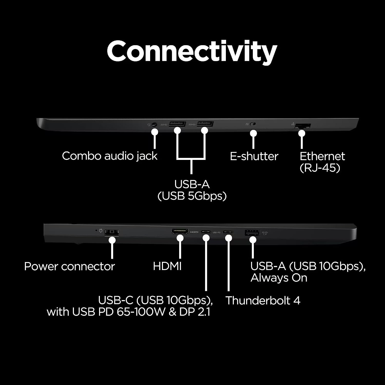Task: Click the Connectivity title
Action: pyautogui.click(x=192, y=51)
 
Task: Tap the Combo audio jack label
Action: pyautogui.click(x=110, y=156)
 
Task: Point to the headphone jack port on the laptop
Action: pyautogui.click(x=154, y=124)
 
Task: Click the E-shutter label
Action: pyautogui.click(x=254, y=156)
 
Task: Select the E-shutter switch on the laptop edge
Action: pyautogui.click(x=253, y=124)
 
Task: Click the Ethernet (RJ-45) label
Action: pyautogui.click(x=322, y=162)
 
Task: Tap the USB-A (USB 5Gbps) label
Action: pyautogui.click(x=192, y=190)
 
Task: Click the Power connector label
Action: pyautogui.click(x=70, y=266)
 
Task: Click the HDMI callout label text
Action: pyautogui.click(x=167, y=266)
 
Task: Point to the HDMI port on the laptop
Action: pyautogui.click(x=180, y=232)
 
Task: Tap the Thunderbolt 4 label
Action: pyautogui.click(x=263, y=301)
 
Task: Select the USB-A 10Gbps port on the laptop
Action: pyautogui.click(x=253, y=233)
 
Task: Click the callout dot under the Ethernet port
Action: pyautogui.click(x=302, y=133)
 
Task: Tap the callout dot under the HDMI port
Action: pyautogui.click(x=180, y=238)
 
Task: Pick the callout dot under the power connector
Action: pyautogui.click(x=112, y=240)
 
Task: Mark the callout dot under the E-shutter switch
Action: pyautogui.click(x=254, y=133)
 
